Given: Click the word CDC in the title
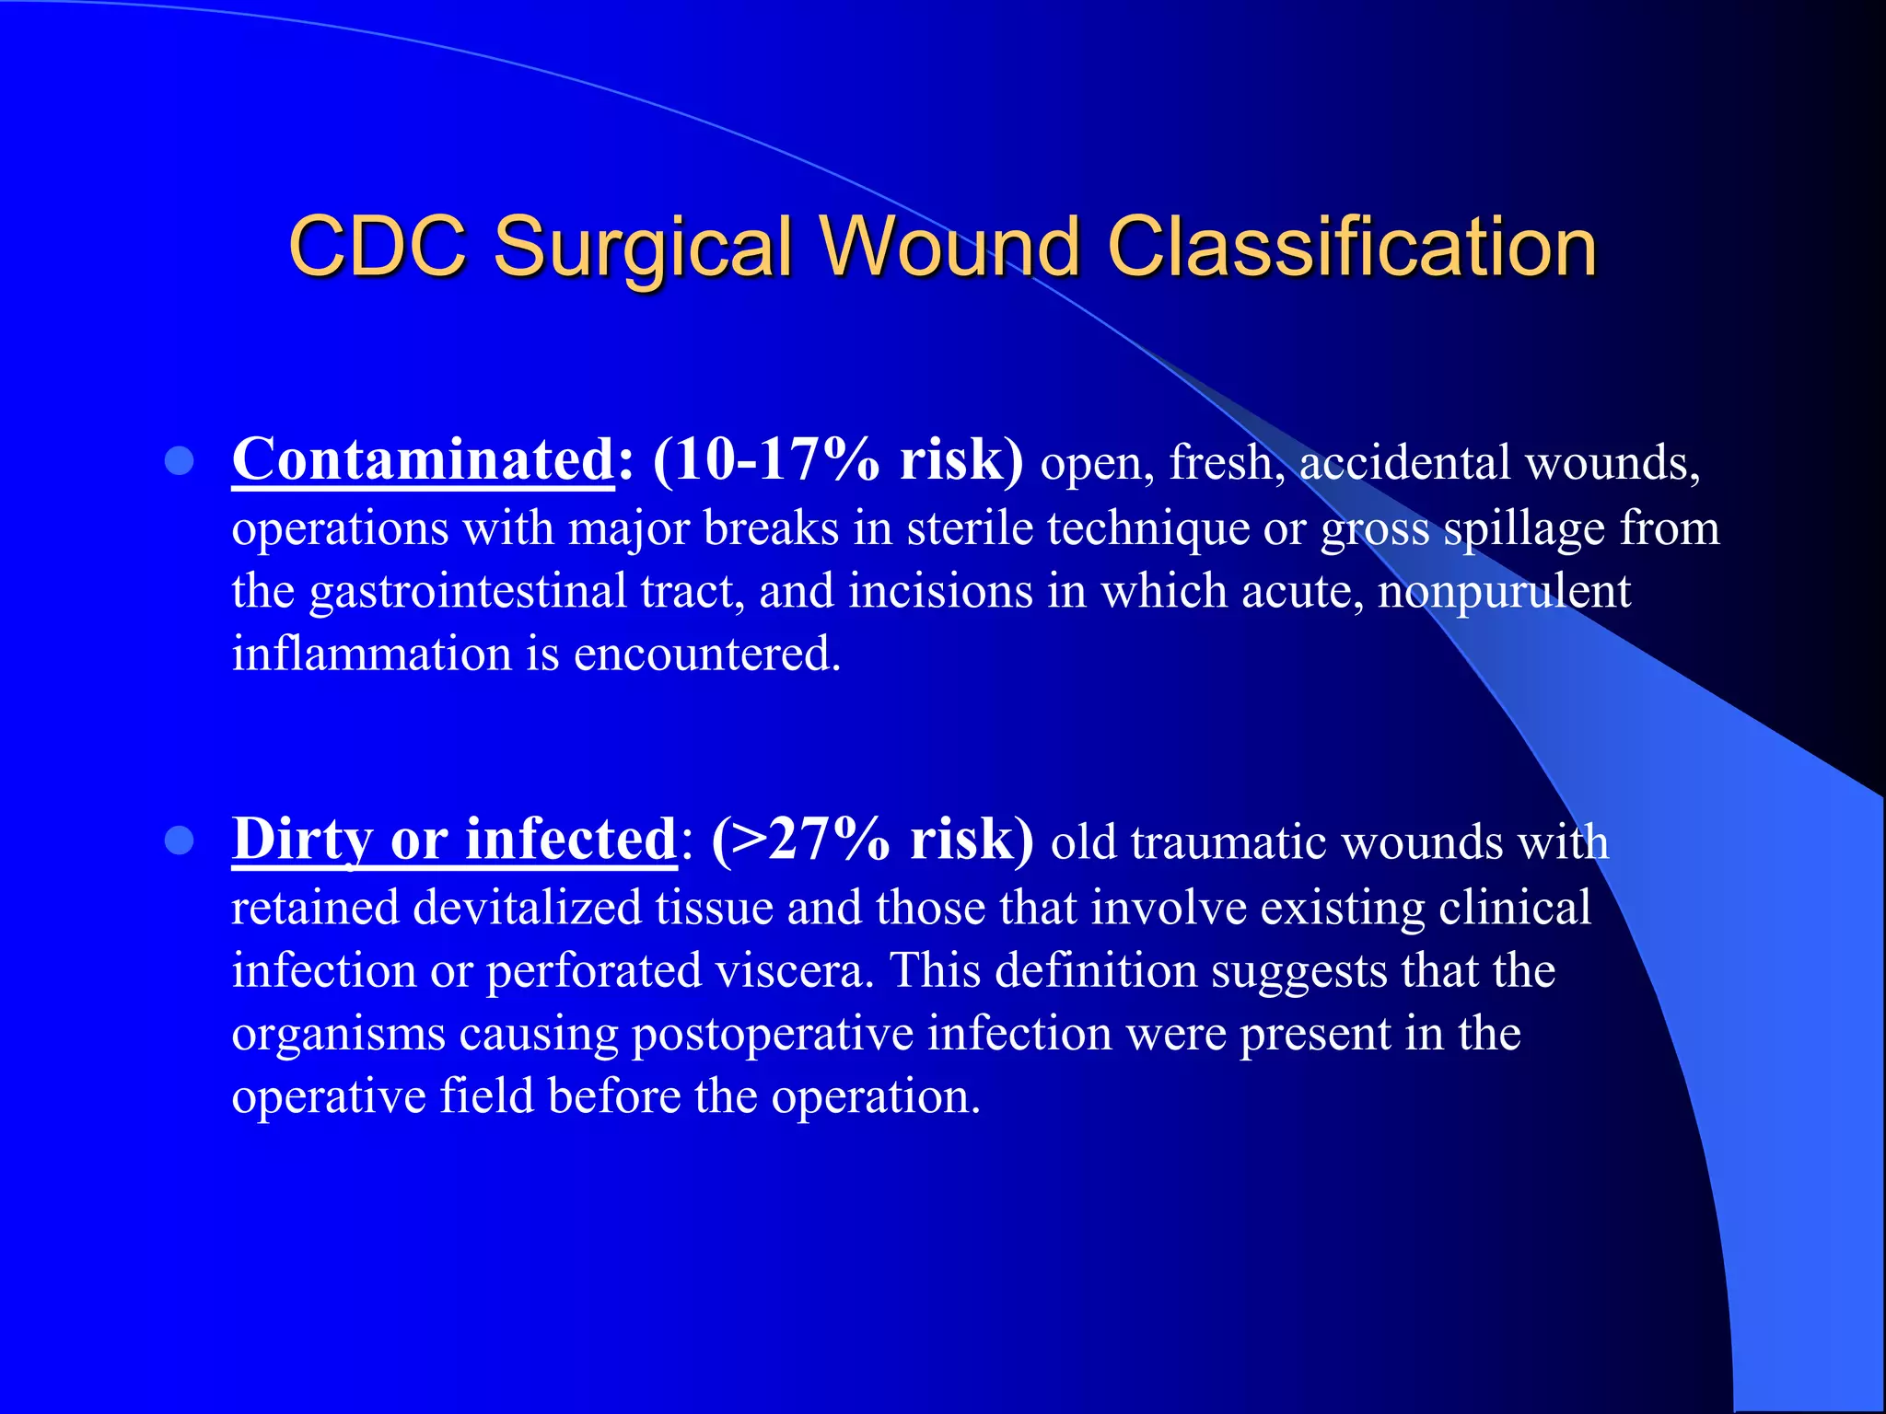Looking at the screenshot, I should point(378,246).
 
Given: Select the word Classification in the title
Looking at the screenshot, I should point(1352,246).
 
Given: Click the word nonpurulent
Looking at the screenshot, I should point(1504,591).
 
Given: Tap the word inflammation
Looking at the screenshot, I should point(372,655).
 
